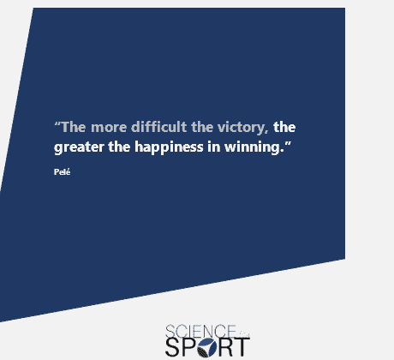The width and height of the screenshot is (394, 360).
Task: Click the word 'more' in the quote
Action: click(109, 128)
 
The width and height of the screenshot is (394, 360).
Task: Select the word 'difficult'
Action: click(159, 127)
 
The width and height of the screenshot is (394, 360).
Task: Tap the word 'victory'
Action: click(242, 128)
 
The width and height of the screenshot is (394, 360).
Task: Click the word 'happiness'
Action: click(169, 147)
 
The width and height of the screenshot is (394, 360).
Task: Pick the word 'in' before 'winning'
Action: click(214, 147)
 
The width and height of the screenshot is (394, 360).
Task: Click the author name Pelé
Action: click(62, 171)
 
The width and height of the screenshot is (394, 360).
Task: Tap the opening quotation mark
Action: click(57, 124)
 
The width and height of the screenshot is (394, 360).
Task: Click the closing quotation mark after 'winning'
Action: click(288, 144)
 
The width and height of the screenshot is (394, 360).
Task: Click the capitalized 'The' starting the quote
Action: click(74, 127)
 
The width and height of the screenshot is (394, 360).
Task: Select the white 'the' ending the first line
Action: click(284, 127)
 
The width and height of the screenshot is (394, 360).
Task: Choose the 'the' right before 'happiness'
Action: click(119, 147)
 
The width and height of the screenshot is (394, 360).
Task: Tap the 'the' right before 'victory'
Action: click(202, 127)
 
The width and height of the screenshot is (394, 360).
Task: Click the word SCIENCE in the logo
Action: click(200, 331)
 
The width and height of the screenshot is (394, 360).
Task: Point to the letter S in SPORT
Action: click(172, 347)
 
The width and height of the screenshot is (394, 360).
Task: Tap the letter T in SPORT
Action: click(242, 347)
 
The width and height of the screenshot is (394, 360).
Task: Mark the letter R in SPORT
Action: click(226, 347)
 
